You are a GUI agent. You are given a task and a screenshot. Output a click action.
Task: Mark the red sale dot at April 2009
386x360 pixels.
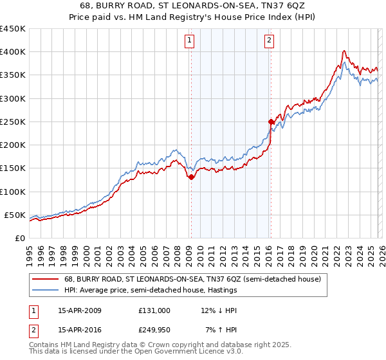[191, 177]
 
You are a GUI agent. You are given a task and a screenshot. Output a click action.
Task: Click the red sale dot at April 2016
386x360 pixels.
[271, 122]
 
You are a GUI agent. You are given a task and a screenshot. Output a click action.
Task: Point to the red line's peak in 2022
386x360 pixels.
[345, 51]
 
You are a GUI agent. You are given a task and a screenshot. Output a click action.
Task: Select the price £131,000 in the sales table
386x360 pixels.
[154, 310]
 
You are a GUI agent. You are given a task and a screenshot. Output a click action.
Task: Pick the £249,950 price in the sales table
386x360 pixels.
[154, 329]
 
